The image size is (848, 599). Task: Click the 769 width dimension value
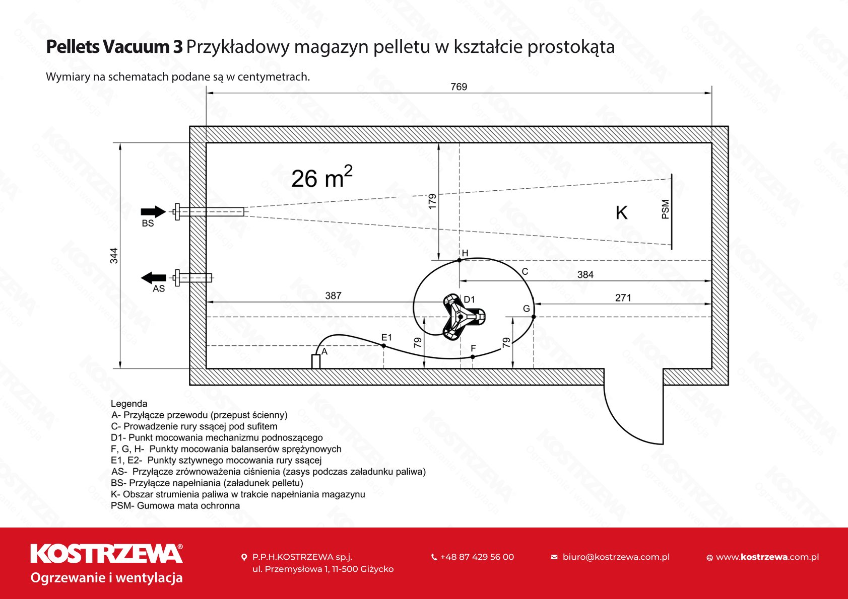click(459, 87)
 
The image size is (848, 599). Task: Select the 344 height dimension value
click(114, 256)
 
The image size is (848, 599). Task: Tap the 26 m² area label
click(321, 178)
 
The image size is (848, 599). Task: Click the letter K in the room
click(621, 213)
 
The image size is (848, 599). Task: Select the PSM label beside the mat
click(666, 209)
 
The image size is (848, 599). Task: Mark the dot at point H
click(460, 260)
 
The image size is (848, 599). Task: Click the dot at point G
click(534, 317)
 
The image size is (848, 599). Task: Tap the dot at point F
click(473, 357)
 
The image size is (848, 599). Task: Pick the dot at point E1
click(384, 346)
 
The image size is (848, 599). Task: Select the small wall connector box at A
click(316, 361)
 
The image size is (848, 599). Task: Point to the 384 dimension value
click(585, 275)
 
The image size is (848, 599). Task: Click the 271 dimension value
click(623, 298)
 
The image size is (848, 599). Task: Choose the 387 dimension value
click(333, 296)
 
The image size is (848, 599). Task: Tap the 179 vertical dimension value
click(432, 201)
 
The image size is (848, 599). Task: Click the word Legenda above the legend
click(129, 404)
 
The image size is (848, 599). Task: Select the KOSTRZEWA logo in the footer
click(106, 554)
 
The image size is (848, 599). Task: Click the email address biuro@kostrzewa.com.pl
click(616, 557)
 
